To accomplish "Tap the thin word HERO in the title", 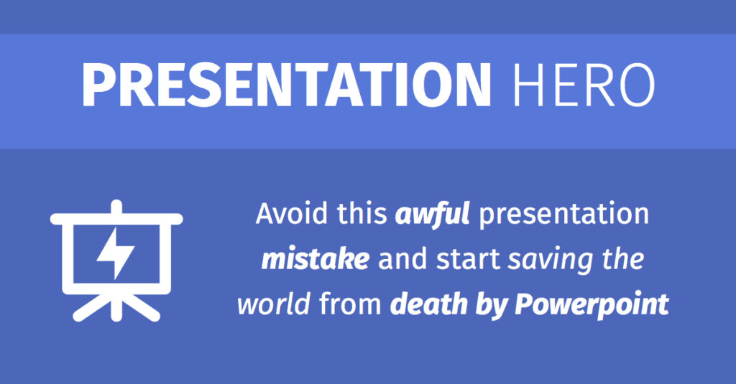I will [x=584, y=85].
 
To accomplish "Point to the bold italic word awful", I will [x=432, y=215].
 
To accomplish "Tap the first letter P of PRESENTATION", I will [x=96, y=85].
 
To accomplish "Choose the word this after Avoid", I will [x=357, y=215].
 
